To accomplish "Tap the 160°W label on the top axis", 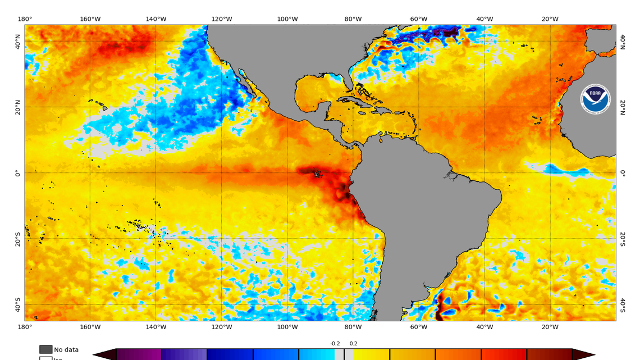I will click(x=90, y=19).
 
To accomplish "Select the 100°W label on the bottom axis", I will click(x=287, y=327).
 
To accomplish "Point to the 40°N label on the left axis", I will click(x=17, y=42).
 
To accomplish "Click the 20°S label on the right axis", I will click(x=623, y=239).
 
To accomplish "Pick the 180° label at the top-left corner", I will click(x=25, y=19).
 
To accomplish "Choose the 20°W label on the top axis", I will click(x=550, y=19).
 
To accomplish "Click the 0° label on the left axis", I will click(x=17, y=173).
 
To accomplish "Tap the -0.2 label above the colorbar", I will click(x=335, y=344).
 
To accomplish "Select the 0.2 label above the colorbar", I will click(x=353, y=344).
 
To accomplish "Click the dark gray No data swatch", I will click(x=45, y=349).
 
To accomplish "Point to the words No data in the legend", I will click(x=66, y=349).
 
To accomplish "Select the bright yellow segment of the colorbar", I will click(x=371, y=354).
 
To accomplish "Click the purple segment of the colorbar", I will click(x=139, y=354).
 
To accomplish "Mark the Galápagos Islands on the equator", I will click(x=317, y=174).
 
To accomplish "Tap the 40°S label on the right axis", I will click(x=623, y=304).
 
